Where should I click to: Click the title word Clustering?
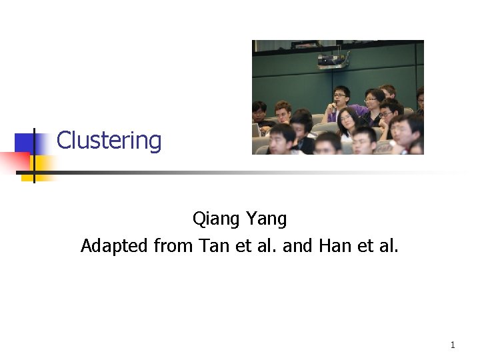[109, 141]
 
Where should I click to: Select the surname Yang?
[266, 219]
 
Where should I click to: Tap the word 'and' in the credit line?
[297, 246]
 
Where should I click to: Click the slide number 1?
[453, 345]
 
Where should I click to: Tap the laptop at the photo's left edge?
[257, 130]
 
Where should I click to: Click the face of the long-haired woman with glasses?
[345, 120]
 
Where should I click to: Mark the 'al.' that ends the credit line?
[389, 246]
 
